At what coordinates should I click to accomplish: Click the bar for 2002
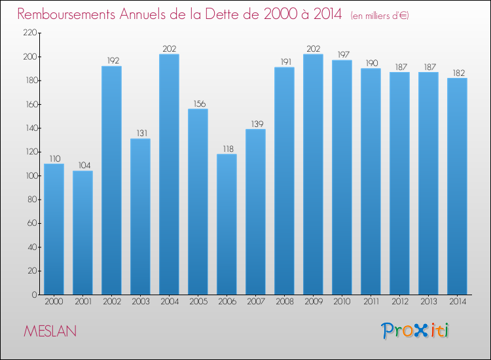pyautogui.click(x=111, y=180)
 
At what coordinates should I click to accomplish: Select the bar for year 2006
pyautogui.click(x=227, y=224)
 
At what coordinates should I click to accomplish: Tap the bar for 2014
pyautogui.click(x=457, y=186)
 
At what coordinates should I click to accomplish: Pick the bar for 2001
pyautogui.click(x=82, y=232)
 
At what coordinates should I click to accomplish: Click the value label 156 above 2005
pyautogui.click(x=198, y=103)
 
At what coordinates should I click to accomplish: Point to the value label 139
pyautogui.click(x=255, y=124)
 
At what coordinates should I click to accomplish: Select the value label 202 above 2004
pyautogui.click(x=169, y=48)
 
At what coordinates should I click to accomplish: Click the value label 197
pyautogui.click(x=342, y=54)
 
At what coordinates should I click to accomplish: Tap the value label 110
pyautogui.click(x=54, y=158)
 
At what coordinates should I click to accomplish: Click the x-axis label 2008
pyautogui.click(x=284, y=302)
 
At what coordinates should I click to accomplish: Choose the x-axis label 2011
pyautogui.click(x=371, y=302)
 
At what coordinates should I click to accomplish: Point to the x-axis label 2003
pyautogui.click(x=140, y=302)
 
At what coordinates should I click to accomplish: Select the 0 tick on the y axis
pyautogui.click(x=34, y=295)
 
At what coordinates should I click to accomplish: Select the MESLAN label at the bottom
pyautogui.click(x=50, y=331)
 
